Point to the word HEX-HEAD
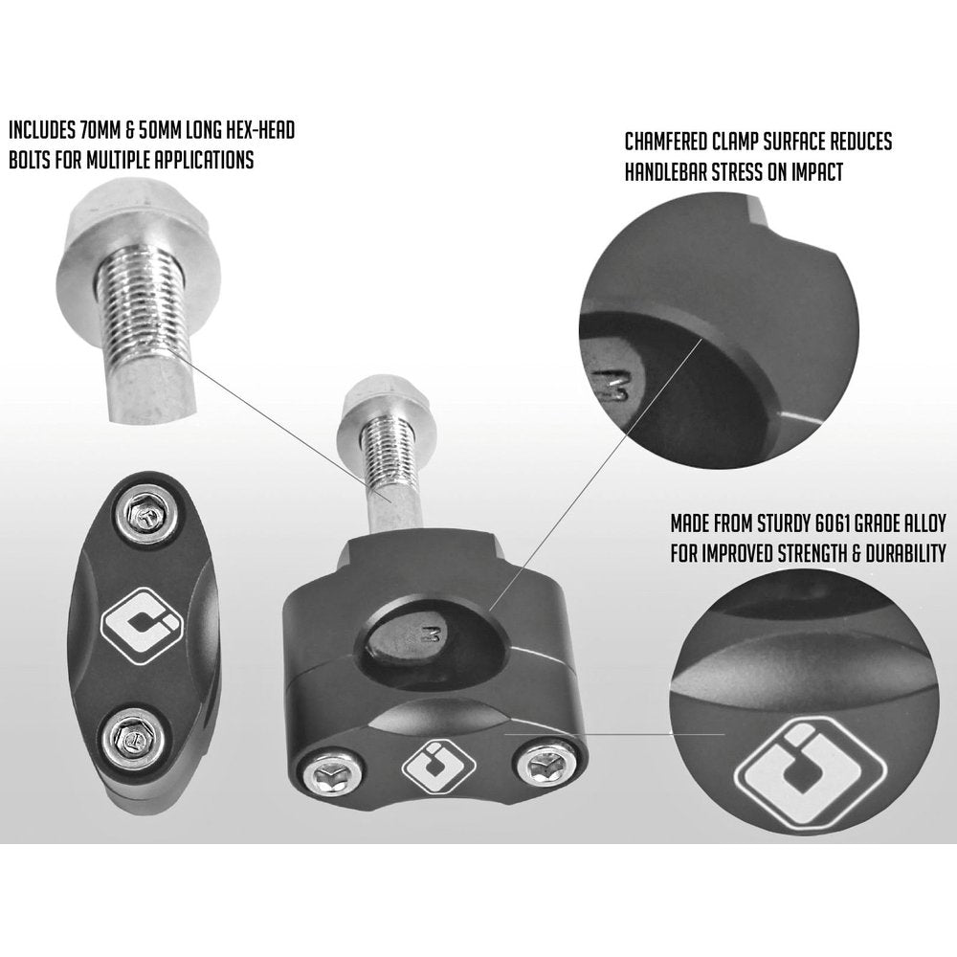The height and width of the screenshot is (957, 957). click(x=256, y=128)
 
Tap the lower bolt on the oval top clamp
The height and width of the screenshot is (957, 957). click(x=127, y=736)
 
